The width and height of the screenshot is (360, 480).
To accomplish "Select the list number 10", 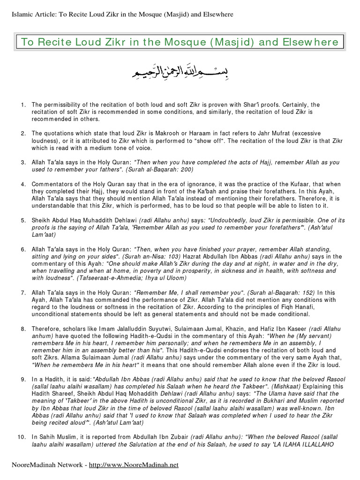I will click(x=22, y=437).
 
